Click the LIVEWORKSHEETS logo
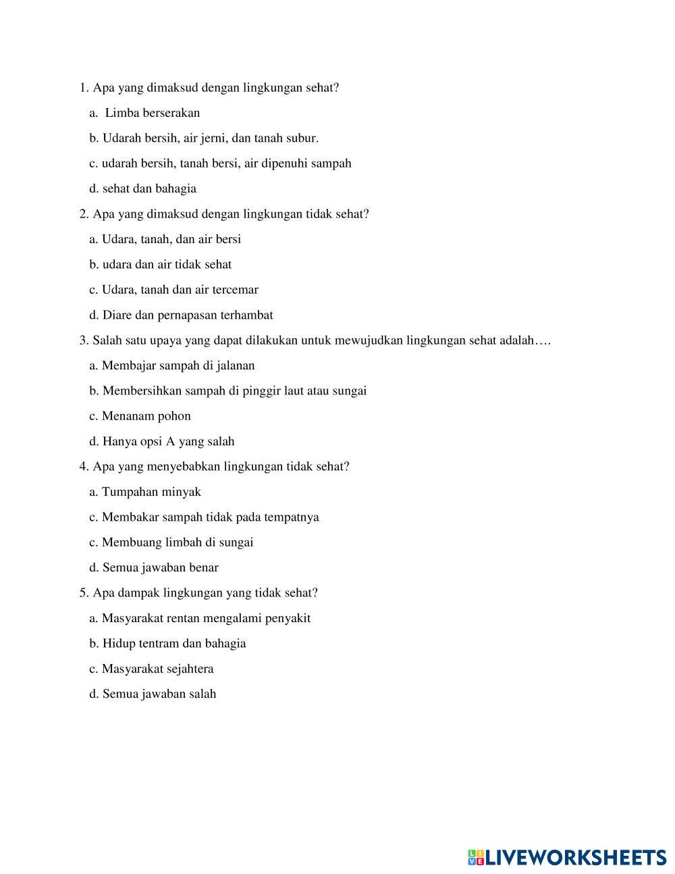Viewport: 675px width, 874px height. point(567,858)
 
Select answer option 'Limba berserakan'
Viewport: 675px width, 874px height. point(152,113)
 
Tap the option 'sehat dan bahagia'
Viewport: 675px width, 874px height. point(149,188)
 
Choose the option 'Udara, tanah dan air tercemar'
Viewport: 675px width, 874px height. point(180,290)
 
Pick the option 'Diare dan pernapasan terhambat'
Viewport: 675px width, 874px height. point(187,315)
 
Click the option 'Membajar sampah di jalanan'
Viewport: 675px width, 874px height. point(178,365)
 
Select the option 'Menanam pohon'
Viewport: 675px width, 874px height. point(146,416)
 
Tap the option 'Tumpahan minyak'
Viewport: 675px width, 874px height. point(151,492)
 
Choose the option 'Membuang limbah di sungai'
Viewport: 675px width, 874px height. point(177,542)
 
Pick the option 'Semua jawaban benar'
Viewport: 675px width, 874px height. point(160,568)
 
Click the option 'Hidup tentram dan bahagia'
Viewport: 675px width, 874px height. point(173,644)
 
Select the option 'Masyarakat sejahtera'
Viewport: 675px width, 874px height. point(157,669)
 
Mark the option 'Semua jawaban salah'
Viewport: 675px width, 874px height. point(159,694)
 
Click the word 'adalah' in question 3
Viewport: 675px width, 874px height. point(516,340)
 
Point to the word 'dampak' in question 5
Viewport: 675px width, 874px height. point(138,593)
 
